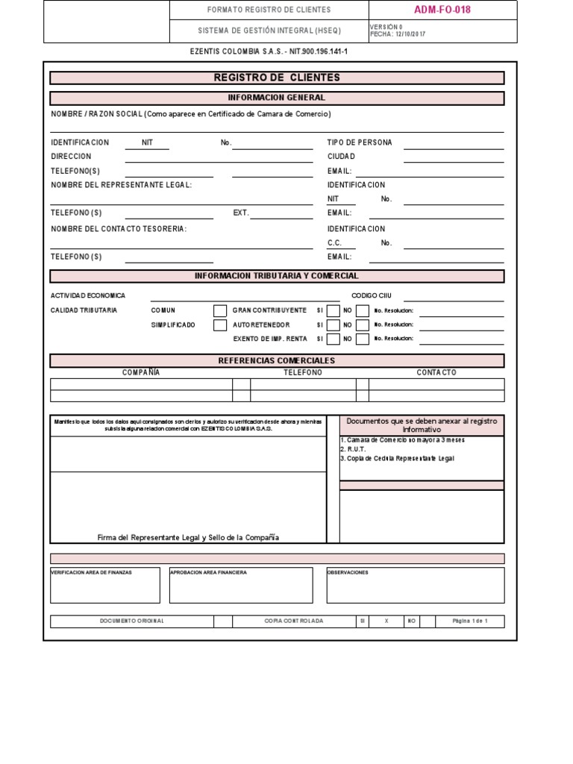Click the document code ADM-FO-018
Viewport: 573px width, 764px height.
click(442, 10)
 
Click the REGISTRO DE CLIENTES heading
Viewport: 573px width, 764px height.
click(277, 78)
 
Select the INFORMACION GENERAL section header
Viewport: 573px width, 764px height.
click(277, 98)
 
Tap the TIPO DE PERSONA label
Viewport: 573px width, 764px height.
click(360, 143)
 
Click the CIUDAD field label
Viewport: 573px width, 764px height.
click(342, 157)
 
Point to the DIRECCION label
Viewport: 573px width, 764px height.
click(71, 157)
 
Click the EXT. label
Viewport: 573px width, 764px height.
click(241, 213)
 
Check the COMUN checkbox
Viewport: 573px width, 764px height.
click(220, 311)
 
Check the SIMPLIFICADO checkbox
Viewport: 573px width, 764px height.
click(220, 325)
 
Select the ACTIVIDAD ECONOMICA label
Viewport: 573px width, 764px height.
click(88, 295)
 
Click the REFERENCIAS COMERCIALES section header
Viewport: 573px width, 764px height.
click(277, 360)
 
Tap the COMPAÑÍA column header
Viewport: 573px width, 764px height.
click(141, 372)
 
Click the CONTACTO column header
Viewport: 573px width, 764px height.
click(436, 372)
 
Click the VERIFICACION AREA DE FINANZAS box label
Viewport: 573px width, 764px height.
click(91, 572)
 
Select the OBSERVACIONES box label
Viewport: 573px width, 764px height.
click(348, 572)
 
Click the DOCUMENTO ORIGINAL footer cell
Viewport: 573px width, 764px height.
click(132, 621)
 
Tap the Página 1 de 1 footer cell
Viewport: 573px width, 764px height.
click(470, 621)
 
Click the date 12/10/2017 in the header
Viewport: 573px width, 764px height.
click(410, 34)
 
